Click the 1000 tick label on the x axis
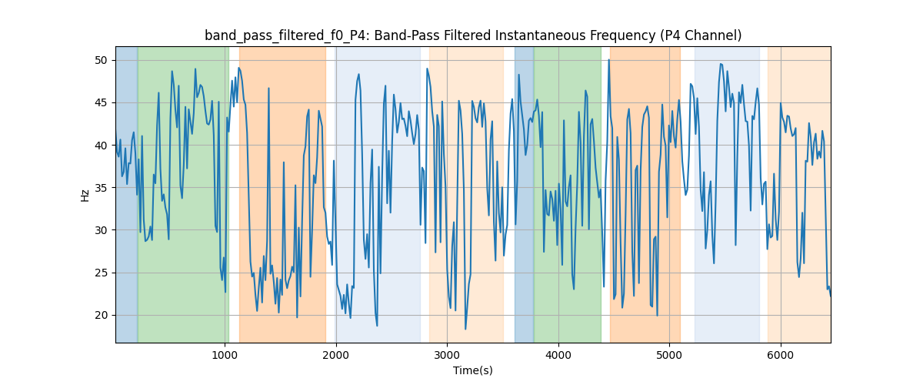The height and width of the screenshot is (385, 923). (224, 356)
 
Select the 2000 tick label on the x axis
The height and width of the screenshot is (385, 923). (335, 356)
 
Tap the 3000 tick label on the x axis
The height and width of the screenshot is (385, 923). (447, 356)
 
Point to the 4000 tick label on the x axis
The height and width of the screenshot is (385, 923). (558, 356)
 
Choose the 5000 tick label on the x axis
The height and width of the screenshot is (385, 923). (669, 356)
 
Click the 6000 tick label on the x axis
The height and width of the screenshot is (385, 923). (781, 356)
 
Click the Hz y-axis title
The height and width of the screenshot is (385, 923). (85, 195)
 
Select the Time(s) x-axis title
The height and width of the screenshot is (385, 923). (473, 370)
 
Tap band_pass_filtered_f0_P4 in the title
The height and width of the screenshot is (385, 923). (275, 35)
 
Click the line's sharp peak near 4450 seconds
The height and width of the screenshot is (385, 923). (608, 59)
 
